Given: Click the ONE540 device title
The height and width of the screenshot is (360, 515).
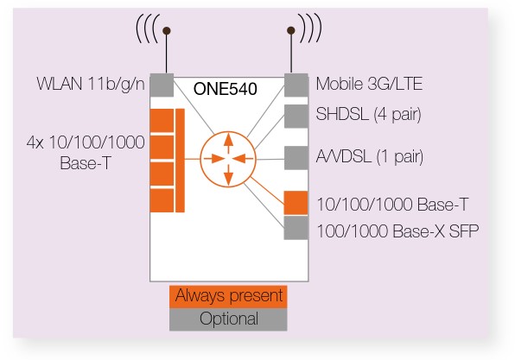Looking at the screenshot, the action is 225,89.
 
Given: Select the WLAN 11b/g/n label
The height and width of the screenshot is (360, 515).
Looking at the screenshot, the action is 91,84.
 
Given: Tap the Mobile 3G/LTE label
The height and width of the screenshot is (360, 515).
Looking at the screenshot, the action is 369,84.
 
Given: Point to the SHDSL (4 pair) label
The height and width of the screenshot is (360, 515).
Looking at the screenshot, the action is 368,114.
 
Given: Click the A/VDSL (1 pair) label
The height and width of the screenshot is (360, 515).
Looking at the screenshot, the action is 370,156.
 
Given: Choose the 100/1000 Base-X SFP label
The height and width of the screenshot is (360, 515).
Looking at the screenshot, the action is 397,231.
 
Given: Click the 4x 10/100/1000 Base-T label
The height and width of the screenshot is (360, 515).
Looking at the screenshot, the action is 86,152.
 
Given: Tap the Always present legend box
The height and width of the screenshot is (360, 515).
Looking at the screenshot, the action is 228,297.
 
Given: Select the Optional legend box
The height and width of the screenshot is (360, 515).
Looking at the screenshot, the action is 228,319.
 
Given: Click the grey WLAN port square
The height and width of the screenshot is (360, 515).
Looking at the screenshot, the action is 162,85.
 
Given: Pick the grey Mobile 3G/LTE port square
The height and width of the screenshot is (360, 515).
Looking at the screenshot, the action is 296,85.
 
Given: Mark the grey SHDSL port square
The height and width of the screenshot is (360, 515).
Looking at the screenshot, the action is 296,117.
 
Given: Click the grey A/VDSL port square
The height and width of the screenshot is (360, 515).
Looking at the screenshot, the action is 296,158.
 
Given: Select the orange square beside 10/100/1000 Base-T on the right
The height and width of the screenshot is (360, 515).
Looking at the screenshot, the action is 296,203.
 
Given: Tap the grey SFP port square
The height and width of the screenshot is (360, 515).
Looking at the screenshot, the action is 296,228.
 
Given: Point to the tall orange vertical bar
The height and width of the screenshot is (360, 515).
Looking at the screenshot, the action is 180,161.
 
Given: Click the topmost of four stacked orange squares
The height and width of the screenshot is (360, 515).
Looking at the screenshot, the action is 162,121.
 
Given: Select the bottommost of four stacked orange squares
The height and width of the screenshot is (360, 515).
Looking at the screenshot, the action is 162,200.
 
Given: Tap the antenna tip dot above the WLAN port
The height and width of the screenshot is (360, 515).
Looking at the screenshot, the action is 167,31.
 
